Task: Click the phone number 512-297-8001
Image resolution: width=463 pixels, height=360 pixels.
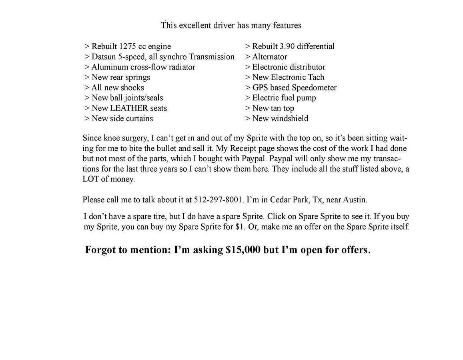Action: [x=218, y=200]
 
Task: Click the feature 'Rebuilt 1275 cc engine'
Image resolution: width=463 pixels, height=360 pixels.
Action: [x=128, y=46]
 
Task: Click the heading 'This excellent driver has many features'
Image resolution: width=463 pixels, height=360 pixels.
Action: [x=231, y=26]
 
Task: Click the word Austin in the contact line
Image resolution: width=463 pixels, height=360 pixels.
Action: [x=355, y=200]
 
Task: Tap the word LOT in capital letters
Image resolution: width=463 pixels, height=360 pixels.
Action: [x=90, y=179]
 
